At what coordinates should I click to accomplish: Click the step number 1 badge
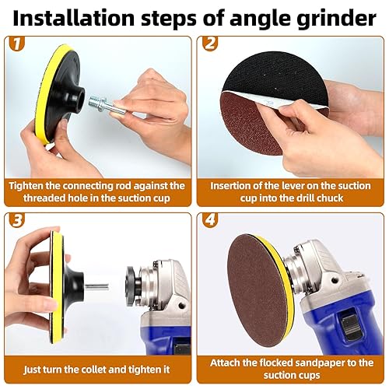click(x=16, y=44)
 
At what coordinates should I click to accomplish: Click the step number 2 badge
click(x=209, y=44)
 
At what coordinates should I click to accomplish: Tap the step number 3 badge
click(x=16, y=220)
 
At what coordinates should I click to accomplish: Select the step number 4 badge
click(x=209, y=220)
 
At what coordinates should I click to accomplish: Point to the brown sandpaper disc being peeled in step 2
click(x=248, y=122)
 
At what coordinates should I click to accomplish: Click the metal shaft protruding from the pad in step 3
click(x=96, y=287)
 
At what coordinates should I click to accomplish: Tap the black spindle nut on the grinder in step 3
click(x=133, y=286)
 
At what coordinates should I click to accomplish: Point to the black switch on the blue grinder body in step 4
click(x=350, y=324)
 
